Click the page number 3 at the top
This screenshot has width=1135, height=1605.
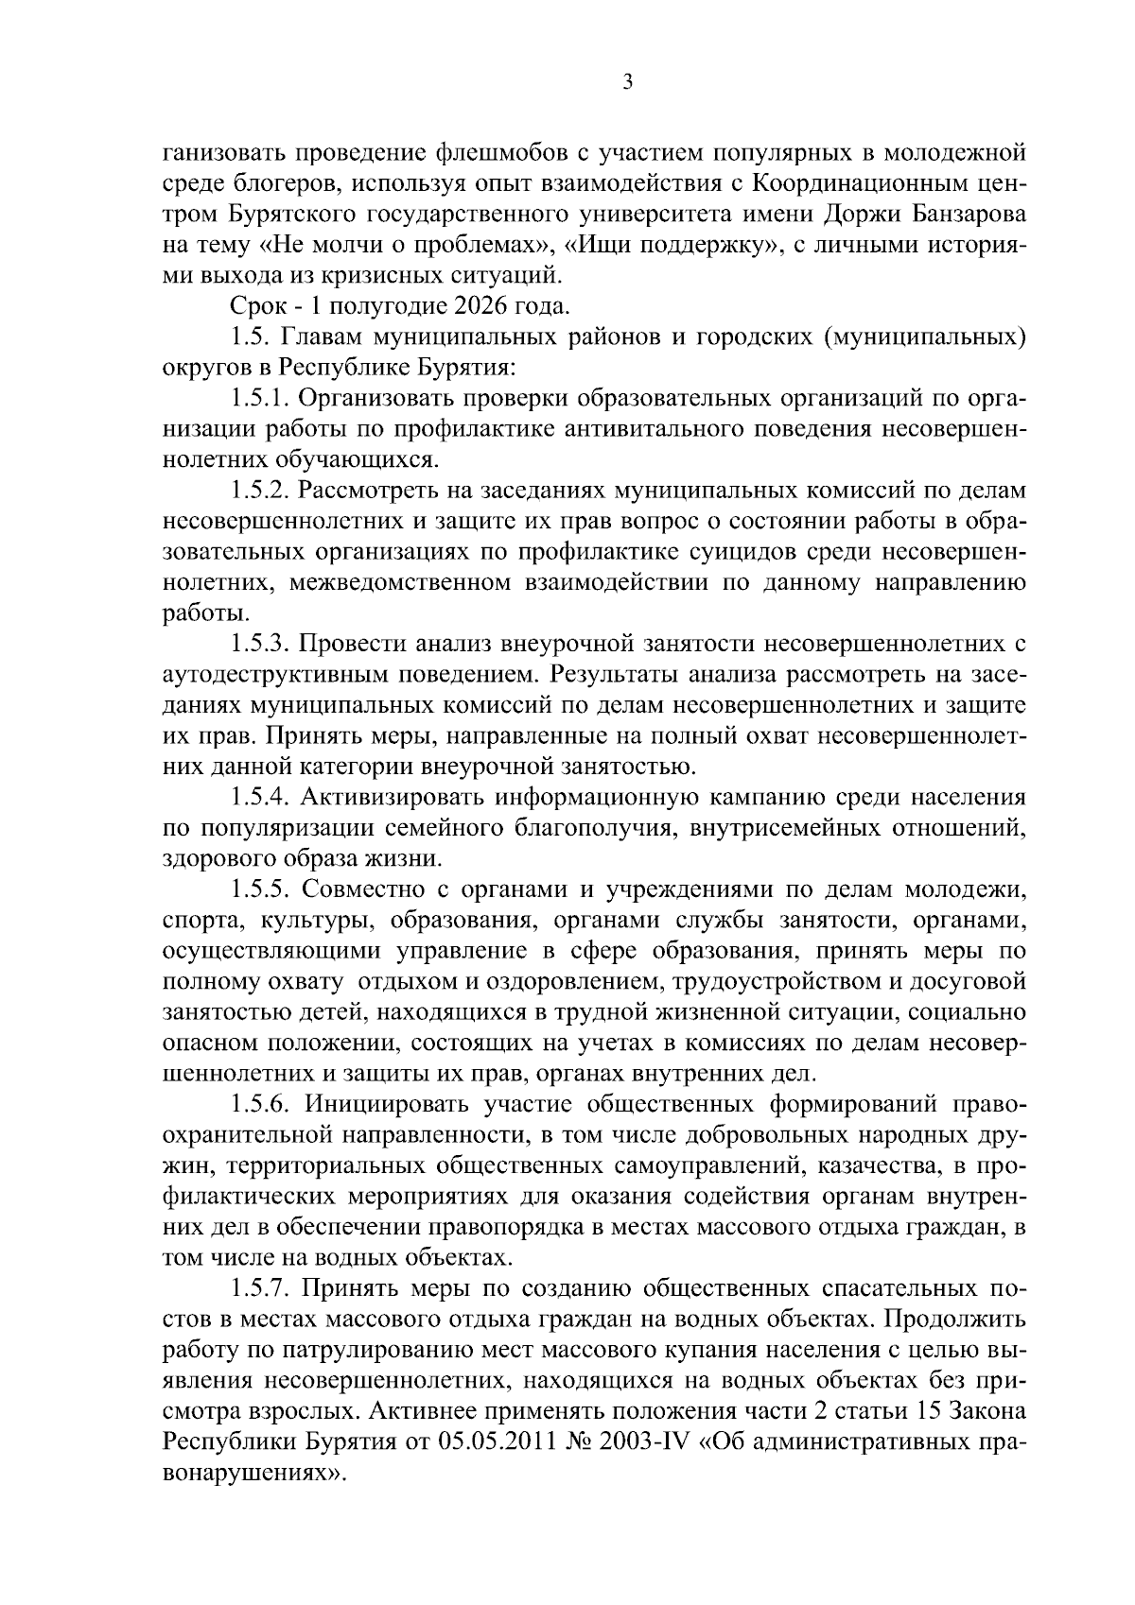pos(627,82)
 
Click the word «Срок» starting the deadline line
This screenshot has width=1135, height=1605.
pos(256,306)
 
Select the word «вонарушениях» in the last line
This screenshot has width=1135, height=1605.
pos(251,1473)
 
